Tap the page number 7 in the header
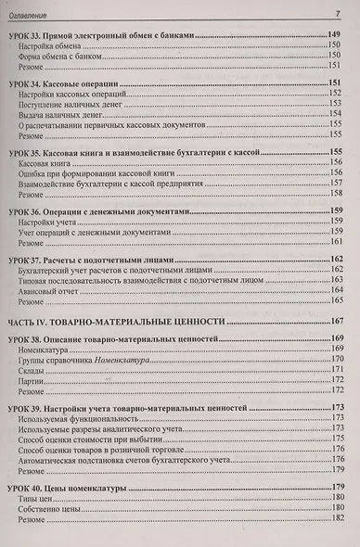point(339,13)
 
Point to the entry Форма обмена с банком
point(59,60)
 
